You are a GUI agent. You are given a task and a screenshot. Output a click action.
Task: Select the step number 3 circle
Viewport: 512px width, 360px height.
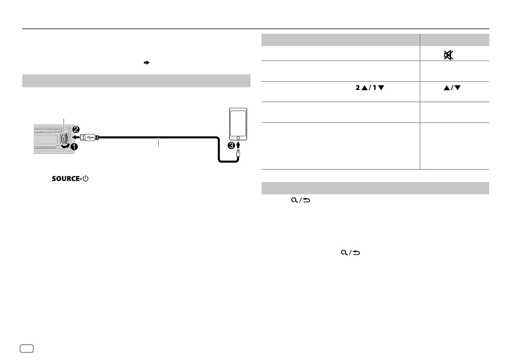pos(231,145)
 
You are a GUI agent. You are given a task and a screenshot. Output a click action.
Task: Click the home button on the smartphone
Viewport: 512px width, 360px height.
pos(239,137)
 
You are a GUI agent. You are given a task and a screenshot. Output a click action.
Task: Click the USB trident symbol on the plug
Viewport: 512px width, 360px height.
pos(89,137)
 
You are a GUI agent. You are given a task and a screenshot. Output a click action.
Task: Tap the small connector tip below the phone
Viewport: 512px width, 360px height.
pos(239,155)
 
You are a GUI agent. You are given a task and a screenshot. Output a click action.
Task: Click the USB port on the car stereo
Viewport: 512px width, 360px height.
pos(65,138)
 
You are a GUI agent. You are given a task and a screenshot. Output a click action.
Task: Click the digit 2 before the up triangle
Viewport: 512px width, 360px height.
pos(357,88)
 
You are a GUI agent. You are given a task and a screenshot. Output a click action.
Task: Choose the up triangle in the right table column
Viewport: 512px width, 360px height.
pos(447,88)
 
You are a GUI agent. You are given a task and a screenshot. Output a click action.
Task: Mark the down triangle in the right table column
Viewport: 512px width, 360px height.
pos(458,88)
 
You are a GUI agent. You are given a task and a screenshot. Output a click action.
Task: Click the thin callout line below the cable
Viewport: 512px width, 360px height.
pos(158,143)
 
